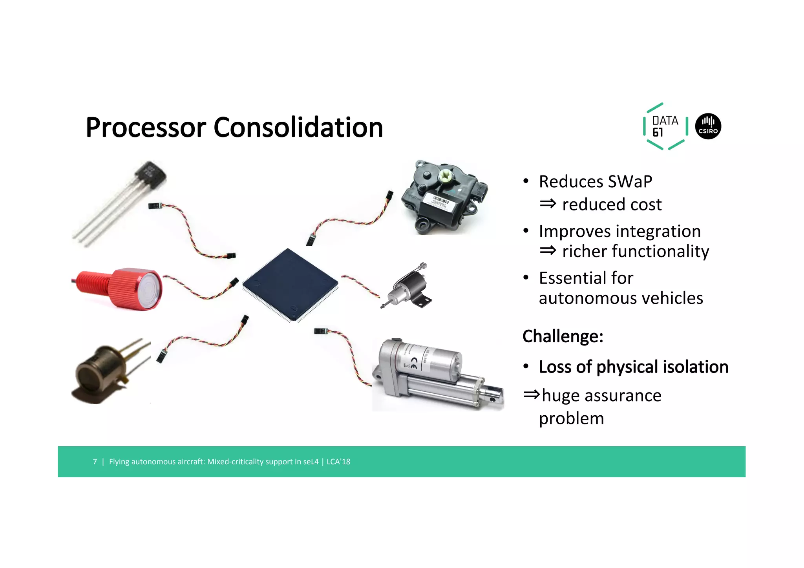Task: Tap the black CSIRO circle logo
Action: click(x=708, y=126)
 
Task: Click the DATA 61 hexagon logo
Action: click(x=665, y=126)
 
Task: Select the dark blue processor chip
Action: click(x=290, y=284)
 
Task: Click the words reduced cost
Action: click(x=611, y=205)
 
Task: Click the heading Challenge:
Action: click(x=563, y=336)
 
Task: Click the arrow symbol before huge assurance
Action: click(x=531, y=394)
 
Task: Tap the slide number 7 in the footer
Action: click(x=95, y=462)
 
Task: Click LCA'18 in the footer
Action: click(x=338, y=462)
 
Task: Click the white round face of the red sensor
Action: click(x=150, y=289)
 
